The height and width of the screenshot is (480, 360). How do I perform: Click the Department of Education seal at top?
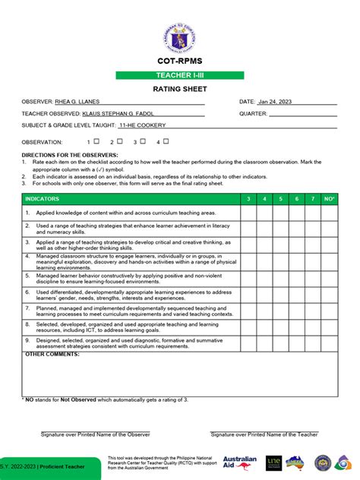[179, 33]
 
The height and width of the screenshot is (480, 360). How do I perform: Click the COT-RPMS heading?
[179, 62]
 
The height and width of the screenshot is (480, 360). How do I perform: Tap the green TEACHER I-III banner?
[179, 76]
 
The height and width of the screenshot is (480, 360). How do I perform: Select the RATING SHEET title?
[179, 89]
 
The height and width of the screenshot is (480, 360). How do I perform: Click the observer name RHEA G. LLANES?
[77, 101]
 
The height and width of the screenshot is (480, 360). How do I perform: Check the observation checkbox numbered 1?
[96, 141]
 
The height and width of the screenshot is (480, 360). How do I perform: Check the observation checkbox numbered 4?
[166, 141]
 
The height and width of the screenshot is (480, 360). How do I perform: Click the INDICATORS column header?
[42, 199]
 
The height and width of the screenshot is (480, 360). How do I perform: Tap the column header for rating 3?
[248, 199]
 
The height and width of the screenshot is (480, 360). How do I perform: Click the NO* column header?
[329, 199]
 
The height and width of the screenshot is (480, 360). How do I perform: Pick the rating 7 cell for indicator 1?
[312, 213]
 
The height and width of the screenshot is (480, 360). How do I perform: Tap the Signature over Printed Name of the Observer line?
[95, 434]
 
